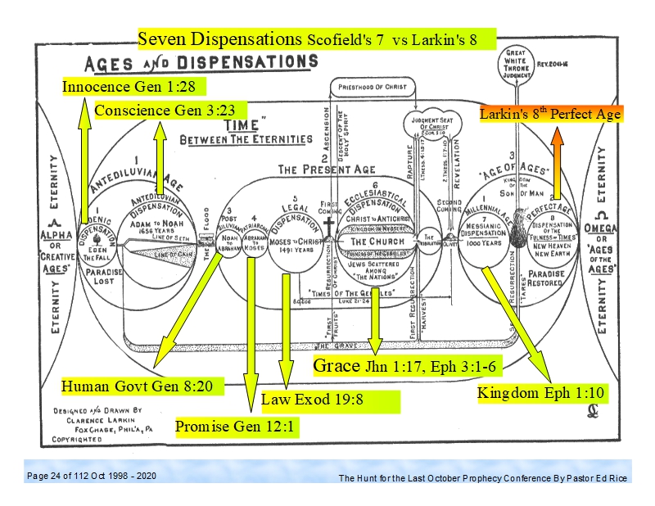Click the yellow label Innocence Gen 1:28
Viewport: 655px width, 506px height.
click(x=131, y=86)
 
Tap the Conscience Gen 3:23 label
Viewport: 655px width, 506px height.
click(x=156, y=110)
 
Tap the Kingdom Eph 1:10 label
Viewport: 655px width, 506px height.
click(x=542, y=393)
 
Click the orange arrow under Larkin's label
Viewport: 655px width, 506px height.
click(x=557, y=163)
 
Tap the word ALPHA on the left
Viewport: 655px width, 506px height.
click(x=53, y=232)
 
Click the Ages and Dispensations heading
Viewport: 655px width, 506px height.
click(x=196, y=62)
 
